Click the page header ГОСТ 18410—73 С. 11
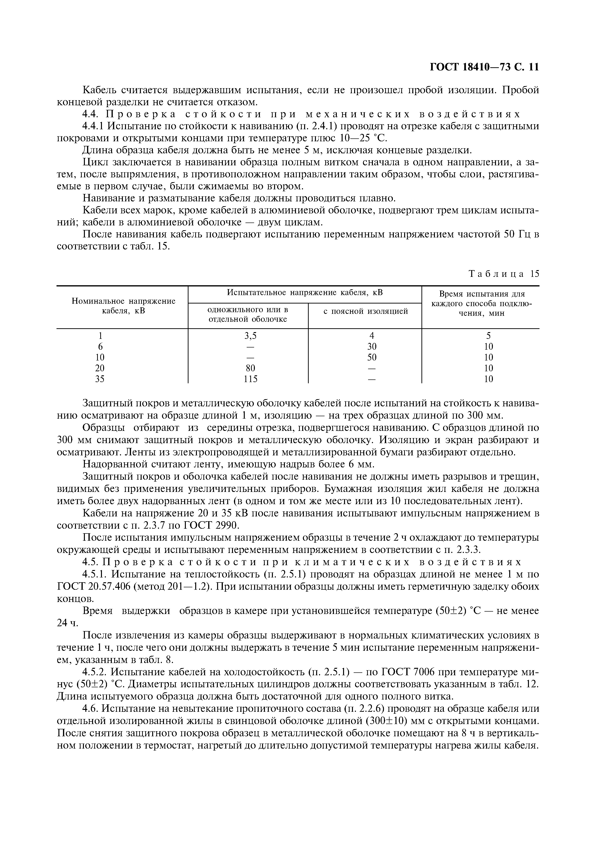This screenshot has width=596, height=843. (484, 67)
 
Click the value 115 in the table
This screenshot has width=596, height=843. (251, 379)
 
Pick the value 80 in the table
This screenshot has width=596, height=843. (251, 368)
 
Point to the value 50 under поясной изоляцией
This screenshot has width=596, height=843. (372, 357)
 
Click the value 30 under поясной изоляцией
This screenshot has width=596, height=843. (372, 346)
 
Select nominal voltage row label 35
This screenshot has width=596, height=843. (100, 379)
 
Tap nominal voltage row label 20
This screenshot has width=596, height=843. (100, 368)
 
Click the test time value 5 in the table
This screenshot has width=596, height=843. (488, 335)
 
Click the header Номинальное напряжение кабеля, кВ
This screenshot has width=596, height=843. (123, 306)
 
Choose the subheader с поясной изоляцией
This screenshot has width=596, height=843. (365, 311)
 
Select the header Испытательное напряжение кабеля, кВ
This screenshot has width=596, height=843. (304, 293)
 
